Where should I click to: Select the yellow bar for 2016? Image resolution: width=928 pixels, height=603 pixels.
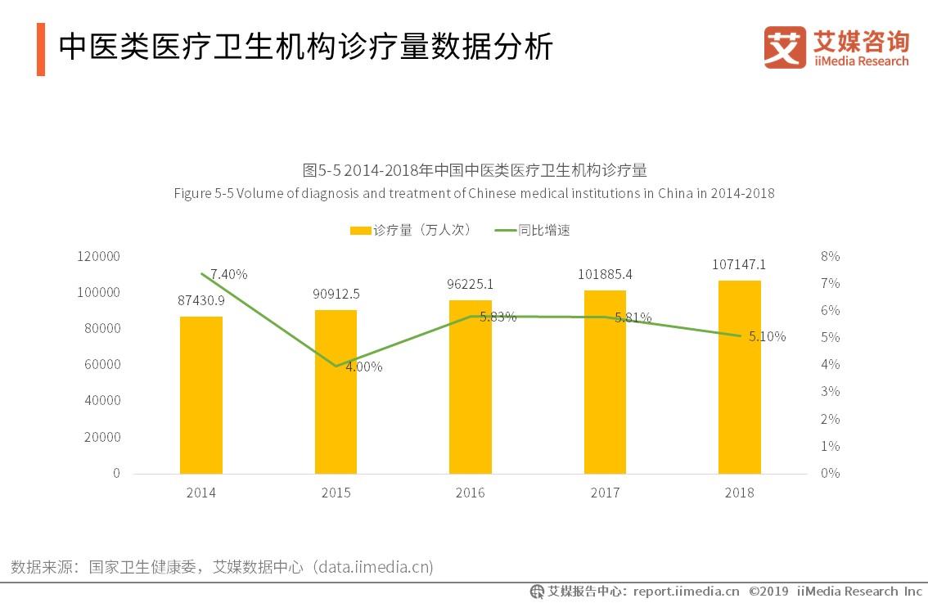pos(471,386)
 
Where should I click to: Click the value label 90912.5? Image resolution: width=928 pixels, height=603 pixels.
pos(336,294)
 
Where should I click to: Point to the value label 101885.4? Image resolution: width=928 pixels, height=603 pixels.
pos(605,274)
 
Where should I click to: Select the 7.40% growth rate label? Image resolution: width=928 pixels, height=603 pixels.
pos(228,274)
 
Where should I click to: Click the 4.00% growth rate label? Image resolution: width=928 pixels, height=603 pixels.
pos(363,367)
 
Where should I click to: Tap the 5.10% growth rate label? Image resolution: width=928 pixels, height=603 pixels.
pos(767,336)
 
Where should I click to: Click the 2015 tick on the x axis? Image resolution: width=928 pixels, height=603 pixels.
pos(336,493)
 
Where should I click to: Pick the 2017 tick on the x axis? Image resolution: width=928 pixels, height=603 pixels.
pos(605,493)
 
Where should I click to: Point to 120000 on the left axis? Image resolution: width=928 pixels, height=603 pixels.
pos(98,256)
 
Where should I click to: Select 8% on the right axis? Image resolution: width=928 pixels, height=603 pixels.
pos(830,256)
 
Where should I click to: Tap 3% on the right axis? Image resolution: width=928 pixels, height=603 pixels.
pos(830,392)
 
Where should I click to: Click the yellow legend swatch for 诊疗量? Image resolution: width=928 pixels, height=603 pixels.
pos(360,231)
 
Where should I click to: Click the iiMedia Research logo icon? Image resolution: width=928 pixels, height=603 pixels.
pos(784,47)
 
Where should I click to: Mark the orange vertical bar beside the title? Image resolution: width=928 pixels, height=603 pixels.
pos(40,50)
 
